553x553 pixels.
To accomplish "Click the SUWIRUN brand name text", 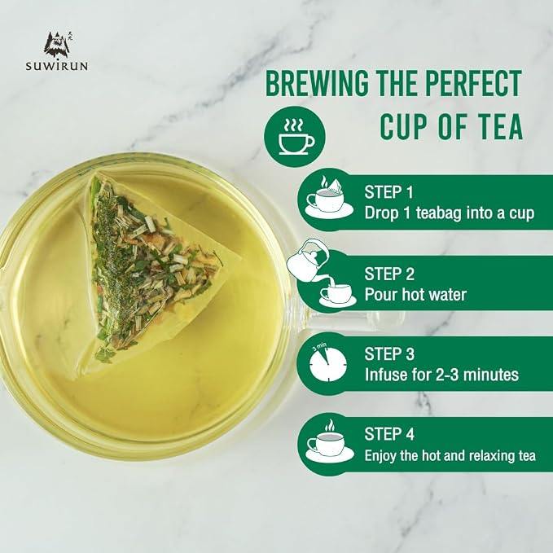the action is pyautogui.click(x=56, y=66).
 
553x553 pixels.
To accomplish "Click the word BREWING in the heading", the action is pyautogui.click(x=317, y=83).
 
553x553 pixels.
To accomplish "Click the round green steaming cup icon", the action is pyautogui.click(x=295, y=136).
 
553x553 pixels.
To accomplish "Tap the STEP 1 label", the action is pyautogui.click(x=388, y=192).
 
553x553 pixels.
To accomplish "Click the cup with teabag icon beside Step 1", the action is pyautogui.click(x=329, y=197).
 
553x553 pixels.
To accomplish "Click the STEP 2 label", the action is pyautogui.click(x=389, y=274).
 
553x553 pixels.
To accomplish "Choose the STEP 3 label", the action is pyautogui.click(x=389, y=354).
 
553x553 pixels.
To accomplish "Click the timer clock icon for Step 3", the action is pyautogui.click(x=327, y=363).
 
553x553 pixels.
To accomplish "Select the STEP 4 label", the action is pyautogui.click(x=389, y=435).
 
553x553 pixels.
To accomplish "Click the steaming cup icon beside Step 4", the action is pyautogui.click(x=329, y=441).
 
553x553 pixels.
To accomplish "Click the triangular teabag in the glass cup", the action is pyautogui.click(x=151, y=271).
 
